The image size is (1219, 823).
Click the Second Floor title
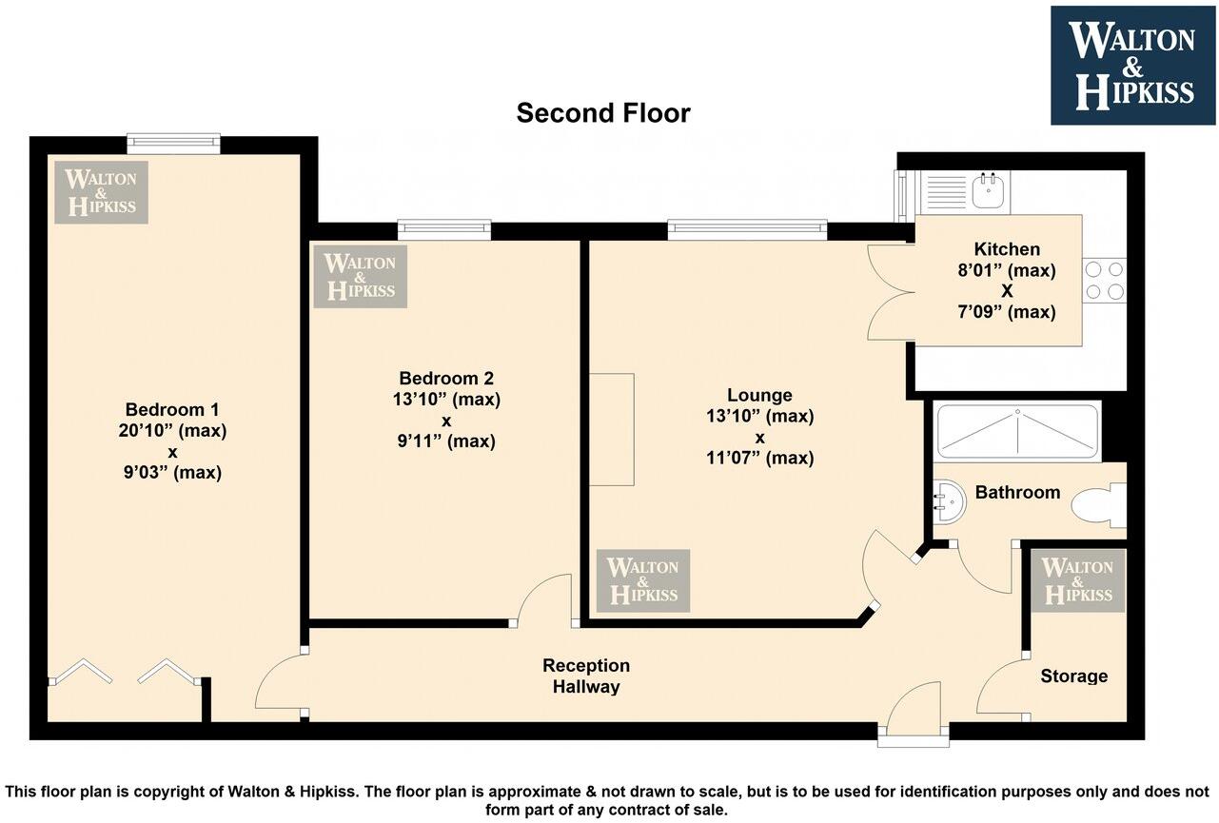(603, 113)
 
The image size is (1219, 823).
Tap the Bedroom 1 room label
(172, 409)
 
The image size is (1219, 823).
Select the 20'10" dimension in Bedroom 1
(146, 430)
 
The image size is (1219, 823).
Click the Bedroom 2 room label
(446, 378)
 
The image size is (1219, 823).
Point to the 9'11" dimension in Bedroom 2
(420, 441)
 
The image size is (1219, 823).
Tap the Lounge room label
(759, 395)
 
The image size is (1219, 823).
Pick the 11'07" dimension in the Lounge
(733, 458)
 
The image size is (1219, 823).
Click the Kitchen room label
(1007, 249)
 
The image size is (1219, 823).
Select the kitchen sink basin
(989, 191)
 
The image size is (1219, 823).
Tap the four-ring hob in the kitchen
(1104, 281)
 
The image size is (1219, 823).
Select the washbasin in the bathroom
(950, 501)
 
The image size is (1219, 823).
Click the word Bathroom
(1017, 492)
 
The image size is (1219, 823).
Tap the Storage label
(1074, 676)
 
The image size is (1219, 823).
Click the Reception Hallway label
(586, 676)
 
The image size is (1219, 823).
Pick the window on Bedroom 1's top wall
(173, 143)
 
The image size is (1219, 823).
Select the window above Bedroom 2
(444, 229)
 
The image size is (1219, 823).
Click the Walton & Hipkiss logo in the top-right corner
(1132, 66)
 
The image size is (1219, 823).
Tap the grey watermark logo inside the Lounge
(643, 581)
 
